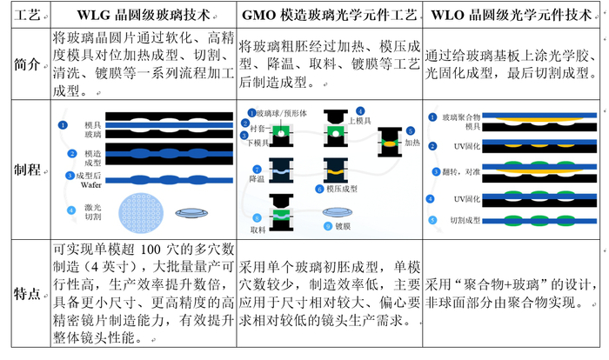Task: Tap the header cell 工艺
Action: pyautogui.click(x=26, y=15)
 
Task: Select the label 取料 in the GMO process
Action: pyautogui.click(x=258, y=230)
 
